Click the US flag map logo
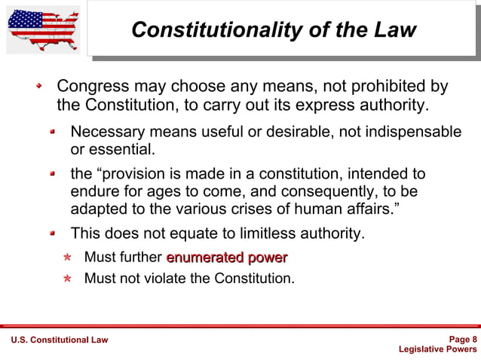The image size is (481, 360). click(43, 29)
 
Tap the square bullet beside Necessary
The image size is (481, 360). click(54, 132)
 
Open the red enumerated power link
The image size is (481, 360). click(227, 258)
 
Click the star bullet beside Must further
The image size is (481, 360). click(67, 258)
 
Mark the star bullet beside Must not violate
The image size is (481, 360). click(67, 279)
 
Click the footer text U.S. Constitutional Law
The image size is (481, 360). click(59, 340)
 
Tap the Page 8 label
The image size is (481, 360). click(462, 339)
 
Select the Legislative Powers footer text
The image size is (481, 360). click(437, 349)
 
